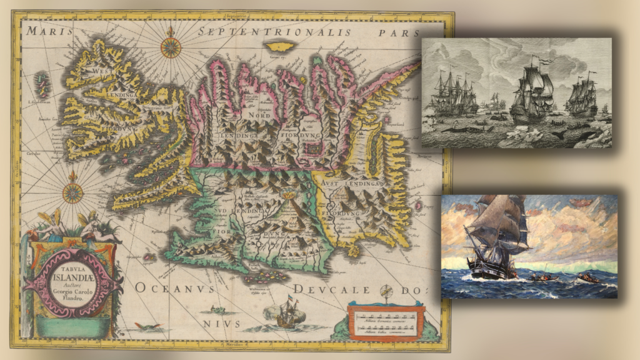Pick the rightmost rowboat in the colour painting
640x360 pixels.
pyautogui.click(x=588, y=277)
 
